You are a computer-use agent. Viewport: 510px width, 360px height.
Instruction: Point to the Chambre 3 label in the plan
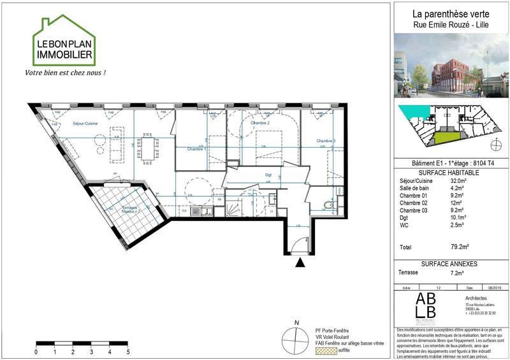click(x=324, y=140)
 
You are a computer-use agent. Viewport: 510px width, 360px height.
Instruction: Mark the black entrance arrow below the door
click(x=301, y=261)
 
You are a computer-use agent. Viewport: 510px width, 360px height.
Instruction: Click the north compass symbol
click(x=296, y=338)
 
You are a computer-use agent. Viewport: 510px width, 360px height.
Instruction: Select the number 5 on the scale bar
click(x=128, y=351)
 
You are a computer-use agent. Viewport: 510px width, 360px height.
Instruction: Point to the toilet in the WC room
click(x=327, y=205)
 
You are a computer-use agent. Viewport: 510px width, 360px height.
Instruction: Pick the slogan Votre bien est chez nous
click(x=64, y=73)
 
